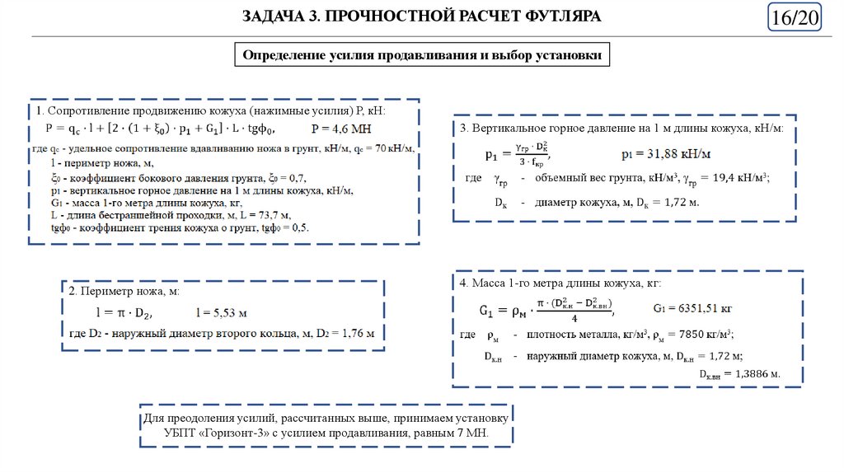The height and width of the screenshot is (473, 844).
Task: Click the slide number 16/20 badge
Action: click(794, 18)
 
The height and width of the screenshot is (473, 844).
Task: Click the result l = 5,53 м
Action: click(222, 313)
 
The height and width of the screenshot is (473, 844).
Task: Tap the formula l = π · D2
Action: click(124, 313)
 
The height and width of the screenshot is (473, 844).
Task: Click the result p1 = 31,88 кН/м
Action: click(667, 154)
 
